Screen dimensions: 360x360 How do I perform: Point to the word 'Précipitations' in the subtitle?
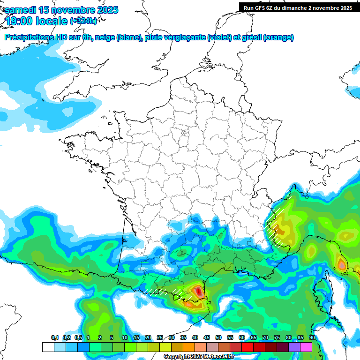pyautogui.click(x=31, y=37)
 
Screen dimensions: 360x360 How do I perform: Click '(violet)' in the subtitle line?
pyautogui.click(x=219, y=37)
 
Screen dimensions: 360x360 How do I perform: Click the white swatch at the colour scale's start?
pyautogui.click(x=48, y=347)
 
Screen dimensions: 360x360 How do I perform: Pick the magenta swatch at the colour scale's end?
pyautogui.click(x=306, y=347)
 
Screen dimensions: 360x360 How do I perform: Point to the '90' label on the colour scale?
pyautogui.click(x=312, y=337)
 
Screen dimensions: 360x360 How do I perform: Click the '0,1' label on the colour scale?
pyautogui.click(x=54, y=337)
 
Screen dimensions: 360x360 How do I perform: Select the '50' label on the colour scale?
pyautogui.click(x=218, y=337)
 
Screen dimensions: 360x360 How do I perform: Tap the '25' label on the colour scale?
pyautogui.click(x=160, y=337)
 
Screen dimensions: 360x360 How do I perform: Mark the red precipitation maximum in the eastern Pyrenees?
pyautogui.click(x=198, y=292)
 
